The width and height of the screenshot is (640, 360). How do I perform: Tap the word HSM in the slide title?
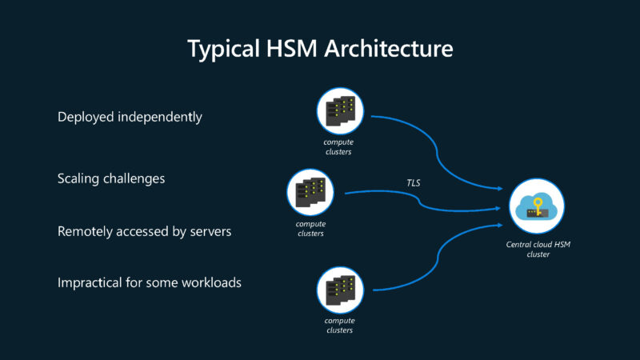294,49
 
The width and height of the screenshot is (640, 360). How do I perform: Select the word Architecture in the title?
390,49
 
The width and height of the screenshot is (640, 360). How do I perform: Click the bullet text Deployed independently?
130,117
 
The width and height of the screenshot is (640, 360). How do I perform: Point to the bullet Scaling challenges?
111,178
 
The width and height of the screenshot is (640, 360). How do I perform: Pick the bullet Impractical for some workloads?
150,282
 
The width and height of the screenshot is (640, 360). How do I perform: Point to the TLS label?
413,183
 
